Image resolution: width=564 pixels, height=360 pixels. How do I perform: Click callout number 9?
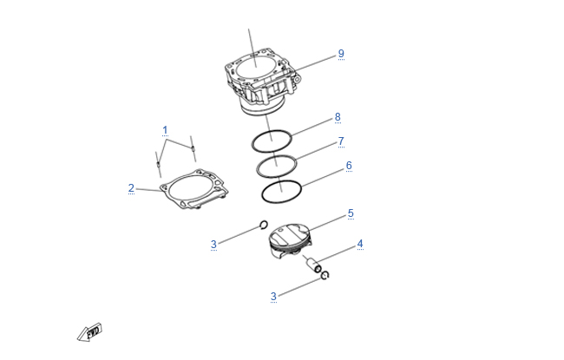click(341, 54)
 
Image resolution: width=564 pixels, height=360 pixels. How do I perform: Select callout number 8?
click(338, 117)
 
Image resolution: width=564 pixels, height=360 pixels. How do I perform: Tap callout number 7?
click(341, 141)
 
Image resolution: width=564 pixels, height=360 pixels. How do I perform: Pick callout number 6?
click(349, 166)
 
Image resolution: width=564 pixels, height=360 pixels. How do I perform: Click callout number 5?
click(351, 213)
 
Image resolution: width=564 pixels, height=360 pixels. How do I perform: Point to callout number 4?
click(360, 244)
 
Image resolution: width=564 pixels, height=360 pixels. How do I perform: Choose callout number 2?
click(131, 188)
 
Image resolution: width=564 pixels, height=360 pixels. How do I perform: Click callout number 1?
click(165, 130)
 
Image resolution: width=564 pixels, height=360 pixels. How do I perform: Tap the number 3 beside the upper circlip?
click(213, 245)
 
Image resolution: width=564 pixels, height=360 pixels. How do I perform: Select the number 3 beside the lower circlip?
click(273, 297)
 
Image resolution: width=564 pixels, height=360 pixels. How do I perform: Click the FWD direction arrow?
click(90, 332)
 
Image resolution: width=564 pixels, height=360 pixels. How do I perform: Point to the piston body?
click(290, 240)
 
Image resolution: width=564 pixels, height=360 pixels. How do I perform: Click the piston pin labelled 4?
click(312, 264)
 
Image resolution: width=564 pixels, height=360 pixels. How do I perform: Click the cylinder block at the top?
click(262, 82)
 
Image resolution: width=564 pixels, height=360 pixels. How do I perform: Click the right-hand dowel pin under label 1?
click(193, 148)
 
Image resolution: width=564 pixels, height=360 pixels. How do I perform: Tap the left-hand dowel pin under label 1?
click(158, 164)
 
